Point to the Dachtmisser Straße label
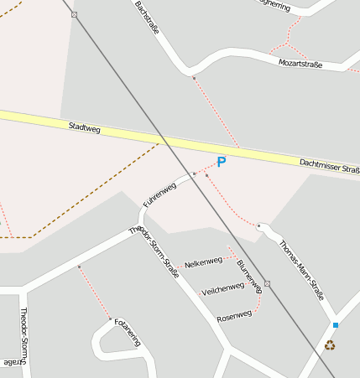click(x=329, y=165)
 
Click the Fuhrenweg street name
click(x=159, y=194)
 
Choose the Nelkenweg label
click(x=203, y=261)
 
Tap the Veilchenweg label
click(x=222, y=288)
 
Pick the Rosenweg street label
click(x=234, y=316)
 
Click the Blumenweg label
click(x=249, y=276)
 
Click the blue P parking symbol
click(x=222, y=162)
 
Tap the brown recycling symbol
click(x=330, y=344)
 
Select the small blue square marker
click(x=335, y=324)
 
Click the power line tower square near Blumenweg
click(x=267, y=284)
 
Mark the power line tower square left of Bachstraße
click(x=75, y=15)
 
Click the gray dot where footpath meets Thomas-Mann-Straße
click(x=259, y=226)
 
